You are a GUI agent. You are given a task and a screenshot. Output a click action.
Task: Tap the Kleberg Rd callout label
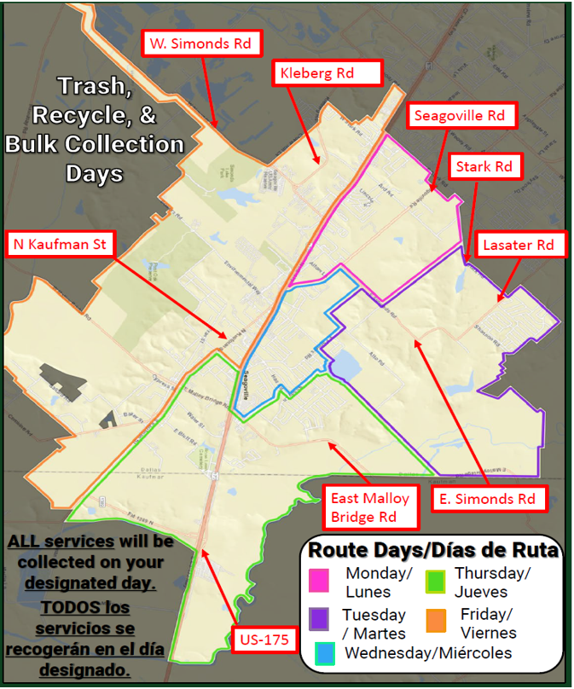pos(326,73)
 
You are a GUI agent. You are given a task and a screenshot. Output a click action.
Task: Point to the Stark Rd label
pos(484,166)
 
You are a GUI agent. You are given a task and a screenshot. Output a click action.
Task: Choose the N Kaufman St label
pos(59,245)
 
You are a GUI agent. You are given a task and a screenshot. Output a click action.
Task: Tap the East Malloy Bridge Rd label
pos(371,507)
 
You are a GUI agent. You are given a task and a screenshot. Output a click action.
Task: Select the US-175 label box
pos(264,639)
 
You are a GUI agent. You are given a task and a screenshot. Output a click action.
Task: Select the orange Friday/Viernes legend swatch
pos(436,619)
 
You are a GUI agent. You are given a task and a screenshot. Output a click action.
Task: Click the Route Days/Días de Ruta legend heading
pos(433,550)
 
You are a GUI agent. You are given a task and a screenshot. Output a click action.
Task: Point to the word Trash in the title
pos(93,86)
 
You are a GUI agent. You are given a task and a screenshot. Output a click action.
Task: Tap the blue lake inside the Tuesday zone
pos(348,365)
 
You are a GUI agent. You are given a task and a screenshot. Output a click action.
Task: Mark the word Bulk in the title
pos(38,144)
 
